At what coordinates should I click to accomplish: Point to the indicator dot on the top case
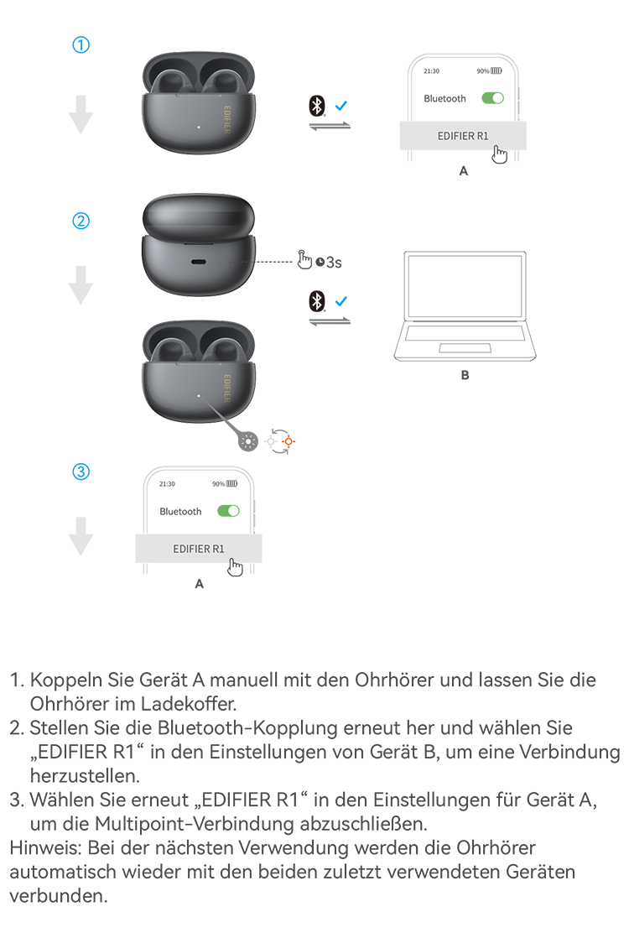pos(198,128)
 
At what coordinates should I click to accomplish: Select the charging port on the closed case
pos(199,262)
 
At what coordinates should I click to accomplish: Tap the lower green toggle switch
pos(226,510)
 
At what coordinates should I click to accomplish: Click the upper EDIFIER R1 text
pos(463,135)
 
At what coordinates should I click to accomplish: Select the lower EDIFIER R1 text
pos(199,549)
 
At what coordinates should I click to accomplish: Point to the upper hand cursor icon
pos(500,154)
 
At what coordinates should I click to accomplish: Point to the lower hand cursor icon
pos(235,568)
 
